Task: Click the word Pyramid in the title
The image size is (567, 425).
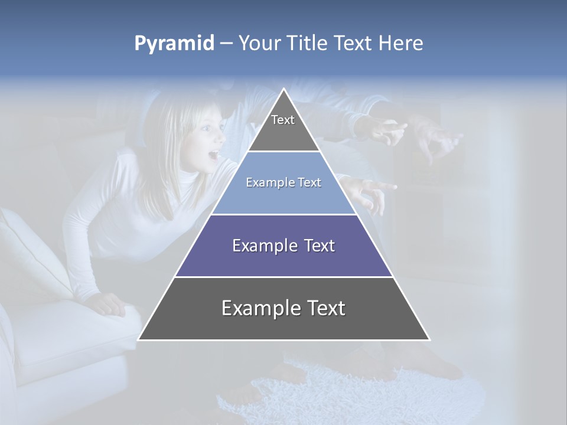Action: (x=174, y=44)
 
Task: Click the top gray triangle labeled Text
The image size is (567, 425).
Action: (x=283, y=127)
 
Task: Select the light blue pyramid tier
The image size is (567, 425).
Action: (x=283, y=192)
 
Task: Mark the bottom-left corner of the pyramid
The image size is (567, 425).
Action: (x=139, y=339)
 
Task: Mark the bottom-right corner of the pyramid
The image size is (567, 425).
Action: (x=429, y=339)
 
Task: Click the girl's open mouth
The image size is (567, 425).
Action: (x=213, y=156)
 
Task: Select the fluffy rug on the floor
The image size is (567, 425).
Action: (x=354, y=395)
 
